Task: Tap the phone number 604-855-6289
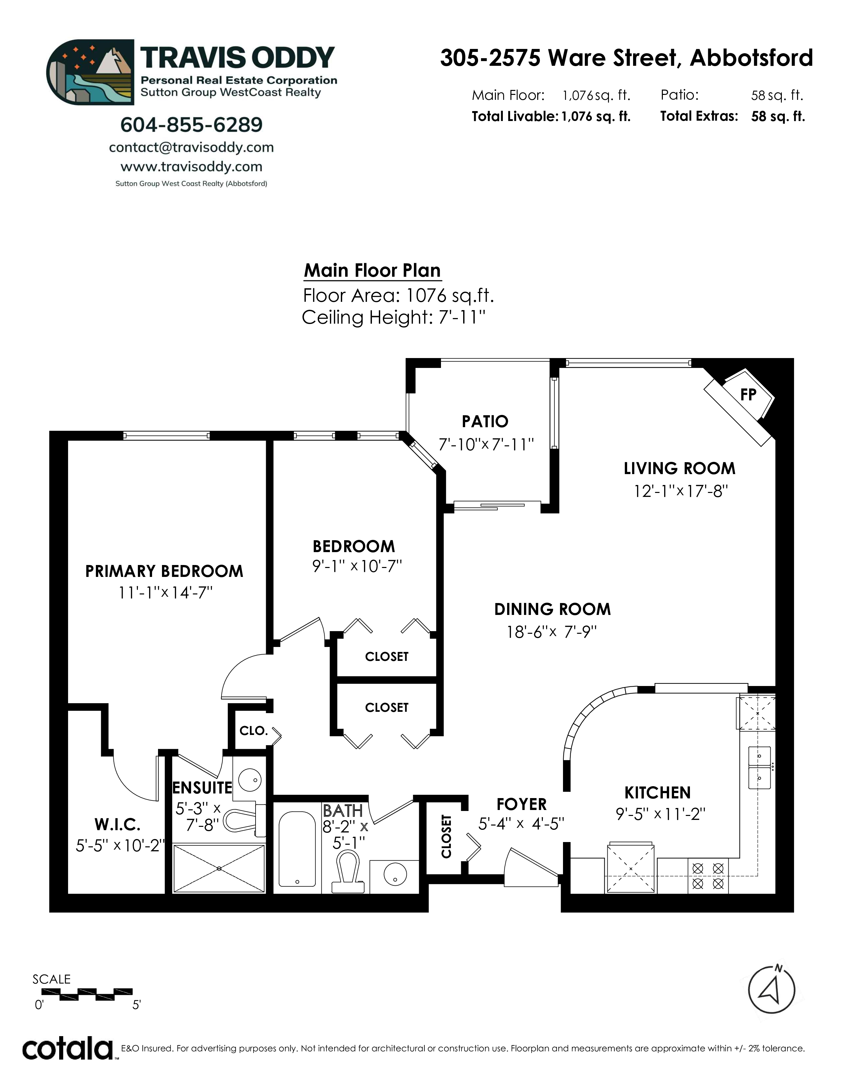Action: pyautogui.click(x=191, y=125)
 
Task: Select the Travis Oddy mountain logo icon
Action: pyautogui.click(x=90, y=72)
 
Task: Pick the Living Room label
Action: pyautogui.click(x=679, y=468)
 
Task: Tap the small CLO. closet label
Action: pyautogui.click(x=254, y=731)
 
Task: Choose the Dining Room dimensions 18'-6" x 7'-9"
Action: pyautogui.click(x=552, y=632)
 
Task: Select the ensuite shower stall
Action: pyautogui.click(x=219, y=869)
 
